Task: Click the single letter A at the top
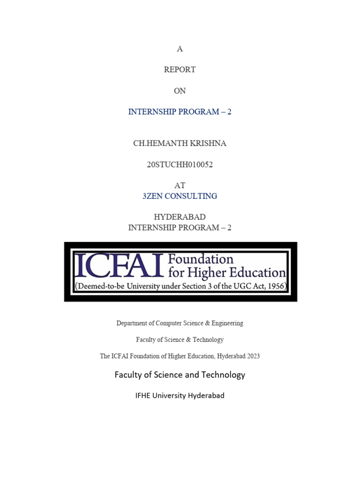(180, 49)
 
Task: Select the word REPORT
(180, 69)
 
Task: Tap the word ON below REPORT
(180, 91)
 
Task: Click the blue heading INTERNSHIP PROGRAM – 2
(180, 112)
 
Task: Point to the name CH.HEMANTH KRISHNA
(180, 143)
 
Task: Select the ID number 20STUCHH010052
(180, 165)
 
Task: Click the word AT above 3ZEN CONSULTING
(180, 186)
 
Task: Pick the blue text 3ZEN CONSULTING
(180, 196)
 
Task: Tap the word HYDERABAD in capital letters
(180, 217)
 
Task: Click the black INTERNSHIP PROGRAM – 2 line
(180, 228)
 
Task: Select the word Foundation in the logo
(200, 259)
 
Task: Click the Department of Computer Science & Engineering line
(180, 323)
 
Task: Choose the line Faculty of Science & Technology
(180, 339)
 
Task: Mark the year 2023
(251, 356)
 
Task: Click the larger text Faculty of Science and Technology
(180, 375)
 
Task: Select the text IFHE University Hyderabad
(180, 396)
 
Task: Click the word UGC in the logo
(226, 285)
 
